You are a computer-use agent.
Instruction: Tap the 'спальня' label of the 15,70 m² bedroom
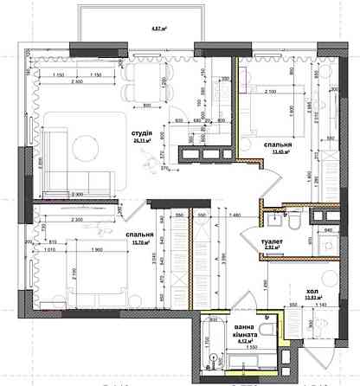tap(140, 235)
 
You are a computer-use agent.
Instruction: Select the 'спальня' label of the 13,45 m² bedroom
tap(277, 146)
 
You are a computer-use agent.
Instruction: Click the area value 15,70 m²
tap(140, 242)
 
